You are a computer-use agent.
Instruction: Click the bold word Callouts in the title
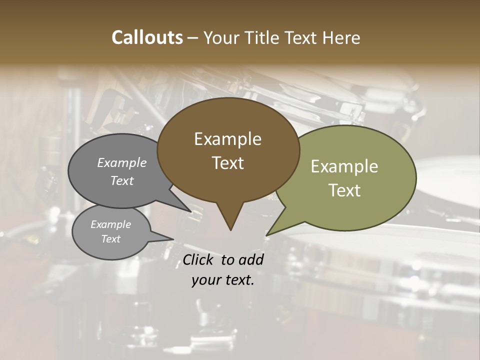(x=147, y=37)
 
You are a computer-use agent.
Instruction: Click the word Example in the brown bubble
(x=227, y=139)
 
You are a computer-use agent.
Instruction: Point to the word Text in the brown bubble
(x=227, y=163)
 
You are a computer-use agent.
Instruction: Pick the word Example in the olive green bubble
(x=344, y=166)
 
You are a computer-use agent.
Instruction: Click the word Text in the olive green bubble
(x=344, y=190)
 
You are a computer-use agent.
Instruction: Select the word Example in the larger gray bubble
(x=122, y=162)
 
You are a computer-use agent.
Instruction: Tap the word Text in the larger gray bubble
(x=122, y=180)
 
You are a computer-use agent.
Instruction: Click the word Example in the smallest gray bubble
(x=110, y=224)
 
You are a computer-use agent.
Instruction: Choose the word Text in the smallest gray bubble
(x=110, y=239)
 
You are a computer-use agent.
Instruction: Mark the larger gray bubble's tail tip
(x=191, y=211)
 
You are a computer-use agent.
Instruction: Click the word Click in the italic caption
(x=199, y=259)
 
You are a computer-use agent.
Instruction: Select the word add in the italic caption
(x=251, y=259)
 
